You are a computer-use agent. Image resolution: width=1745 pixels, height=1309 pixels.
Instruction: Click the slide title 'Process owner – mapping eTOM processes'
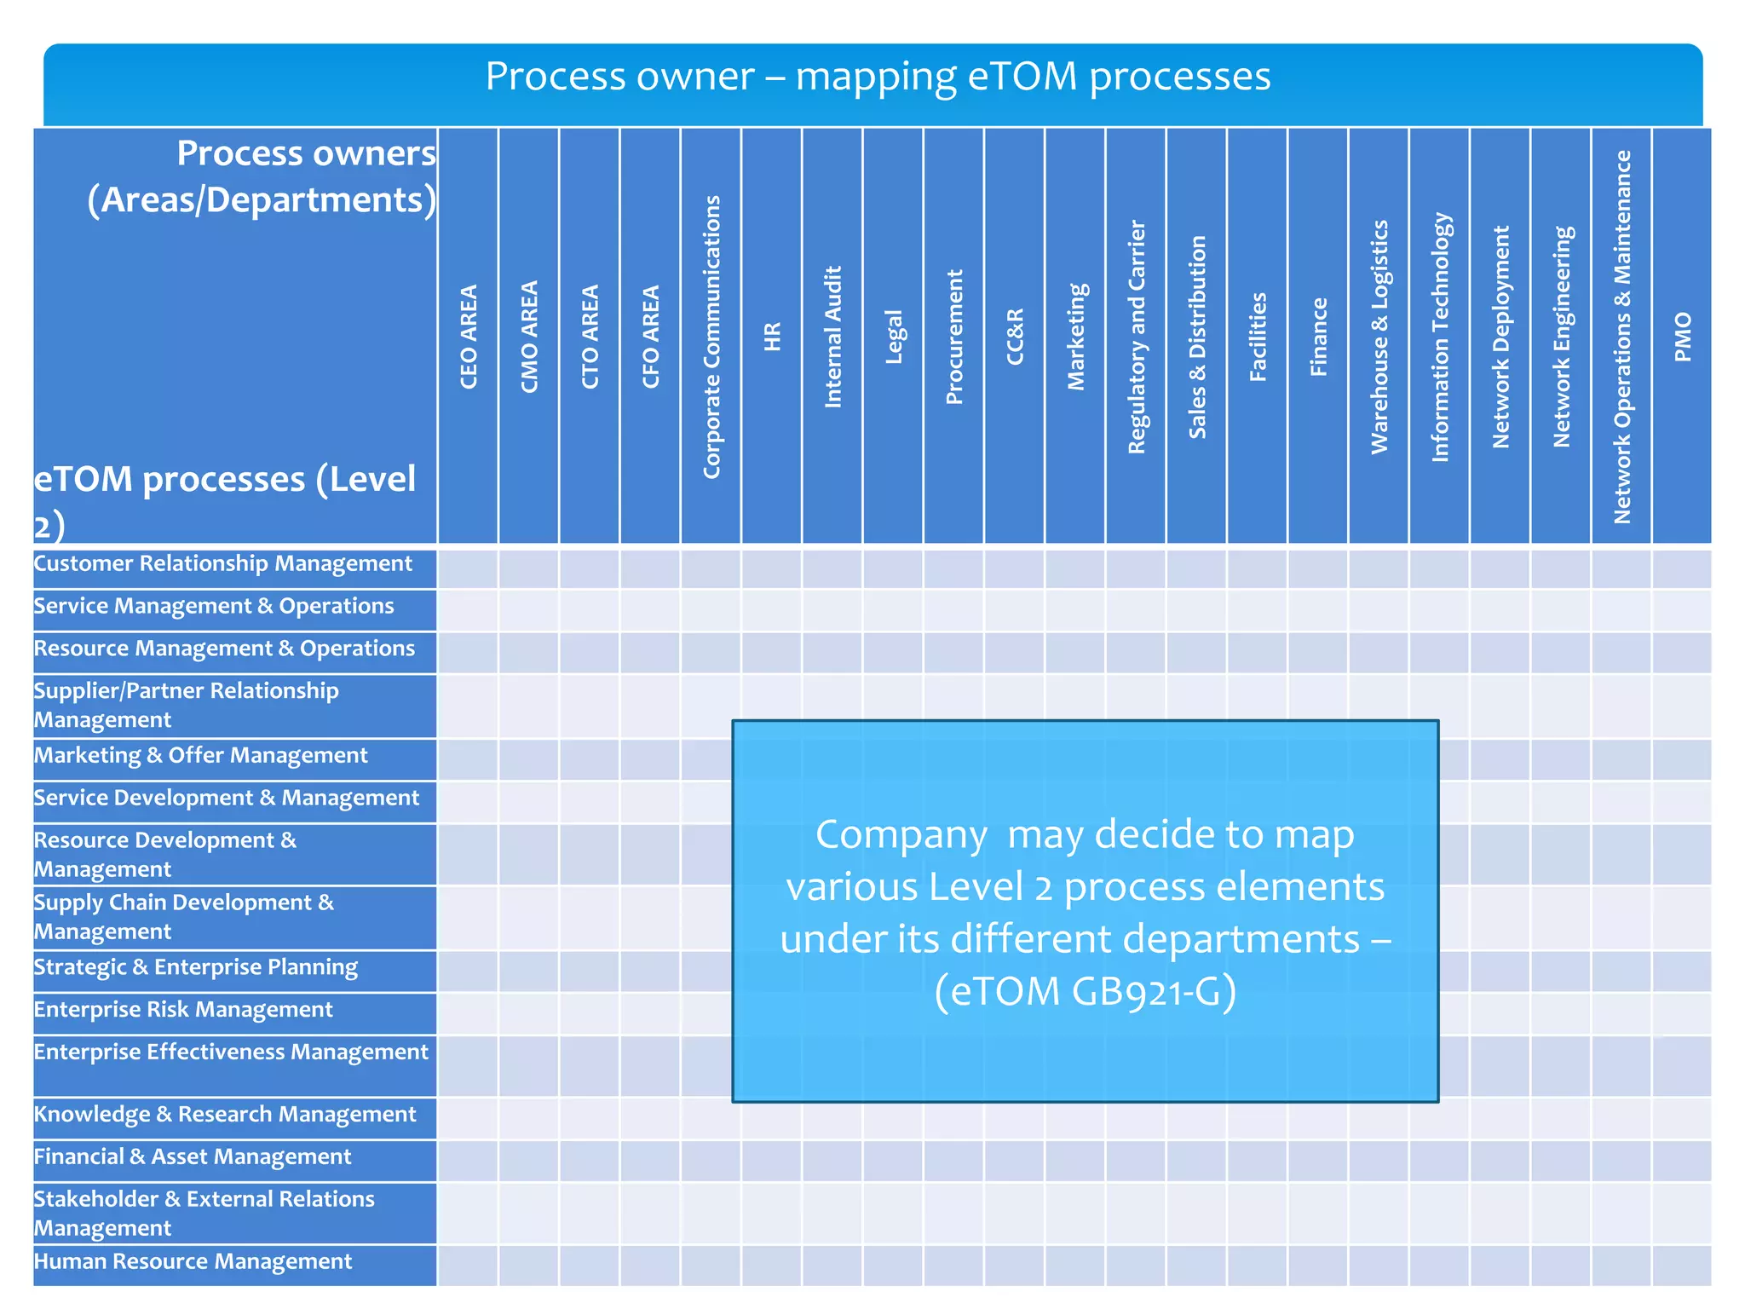pos(878,77)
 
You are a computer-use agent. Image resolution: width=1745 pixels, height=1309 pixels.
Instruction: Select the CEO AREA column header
pos(469,337)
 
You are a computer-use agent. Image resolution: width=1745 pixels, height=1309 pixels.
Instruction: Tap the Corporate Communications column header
pos(711,337)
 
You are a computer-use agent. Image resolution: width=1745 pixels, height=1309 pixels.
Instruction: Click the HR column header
pos(772,337)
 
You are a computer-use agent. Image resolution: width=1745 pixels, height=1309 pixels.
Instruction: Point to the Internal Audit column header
pos(832,337)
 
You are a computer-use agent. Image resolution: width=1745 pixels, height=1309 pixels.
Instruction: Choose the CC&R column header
pos(1015,337)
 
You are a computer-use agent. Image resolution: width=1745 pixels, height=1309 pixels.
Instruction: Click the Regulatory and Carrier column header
pos(1137,337)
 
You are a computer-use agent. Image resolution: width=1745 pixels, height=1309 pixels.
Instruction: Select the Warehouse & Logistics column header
pos(1379,337)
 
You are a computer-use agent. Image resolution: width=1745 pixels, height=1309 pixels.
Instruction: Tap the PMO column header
pos(1683,337)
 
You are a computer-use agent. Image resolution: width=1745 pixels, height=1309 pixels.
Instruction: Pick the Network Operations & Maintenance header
pos(1622,337)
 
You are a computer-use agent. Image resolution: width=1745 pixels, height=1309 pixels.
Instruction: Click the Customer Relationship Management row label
pos(223,564)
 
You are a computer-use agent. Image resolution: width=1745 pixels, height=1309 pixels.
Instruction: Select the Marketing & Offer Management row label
pos(201,756)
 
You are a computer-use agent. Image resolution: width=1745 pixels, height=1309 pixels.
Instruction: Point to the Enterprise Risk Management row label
pos(183,1010)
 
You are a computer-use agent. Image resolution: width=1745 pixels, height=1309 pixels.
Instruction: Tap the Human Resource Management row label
pos(193,1262)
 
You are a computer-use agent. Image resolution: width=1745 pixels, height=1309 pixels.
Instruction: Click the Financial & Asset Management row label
pos(193,1157)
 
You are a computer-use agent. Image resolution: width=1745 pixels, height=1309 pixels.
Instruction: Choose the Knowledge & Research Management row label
pos(225,1115)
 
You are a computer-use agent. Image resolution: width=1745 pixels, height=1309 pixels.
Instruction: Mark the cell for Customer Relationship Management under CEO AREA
pos(468,568)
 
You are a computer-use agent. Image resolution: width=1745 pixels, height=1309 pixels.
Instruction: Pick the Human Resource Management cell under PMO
pos(1682,1266)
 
